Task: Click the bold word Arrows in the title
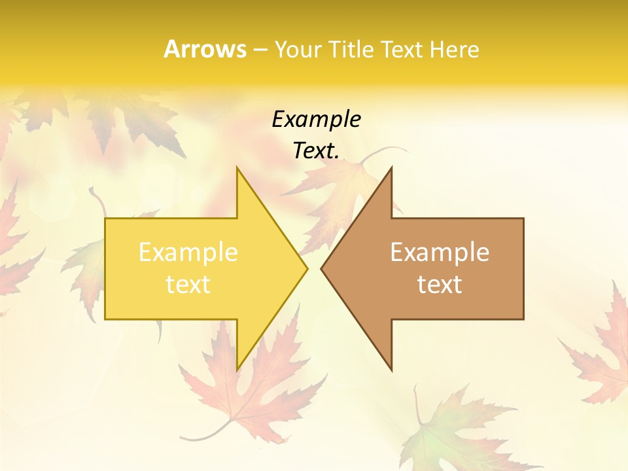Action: (x=205, y=49)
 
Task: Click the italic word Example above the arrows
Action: (x=316, y=119)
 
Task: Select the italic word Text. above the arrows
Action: (x=316, y=150)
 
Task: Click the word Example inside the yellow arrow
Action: (x=188, y=252)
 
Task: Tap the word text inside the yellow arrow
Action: (x=188, y=284)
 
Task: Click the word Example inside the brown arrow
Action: (x=440, y=252)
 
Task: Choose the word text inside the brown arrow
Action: (x=440, y=284)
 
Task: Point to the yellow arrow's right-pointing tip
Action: (x=306, y=268)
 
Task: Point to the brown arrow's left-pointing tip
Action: (x=322, y=268)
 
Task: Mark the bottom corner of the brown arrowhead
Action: (x=391, y=370)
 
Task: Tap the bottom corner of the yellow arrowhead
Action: (x=237, y=370)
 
